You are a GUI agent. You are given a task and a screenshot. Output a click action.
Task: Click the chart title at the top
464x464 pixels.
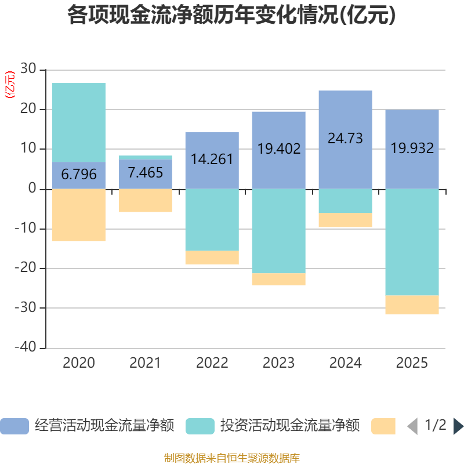coord(231,16)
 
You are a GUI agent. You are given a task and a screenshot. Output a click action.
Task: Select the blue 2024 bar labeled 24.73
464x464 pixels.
coord(345,139)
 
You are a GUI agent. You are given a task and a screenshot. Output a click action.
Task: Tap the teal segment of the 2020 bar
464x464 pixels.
coord(79,122)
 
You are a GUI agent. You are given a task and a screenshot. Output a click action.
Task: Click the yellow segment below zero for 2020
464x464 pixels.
coord(79,215)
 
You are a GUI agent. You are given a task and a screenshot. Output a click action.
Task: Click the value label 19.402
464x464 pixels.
coord(278,149)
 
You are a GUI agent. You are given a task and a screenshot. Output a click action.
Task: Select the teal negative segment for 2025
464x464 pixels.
coord(412,242)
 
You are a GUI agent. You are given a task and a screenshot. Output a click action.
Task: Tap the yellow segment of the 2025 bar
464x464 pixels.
coord(412,304)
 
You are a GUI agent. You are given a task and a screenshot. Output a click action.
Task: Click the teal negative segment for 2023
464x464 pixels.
coord(278,231)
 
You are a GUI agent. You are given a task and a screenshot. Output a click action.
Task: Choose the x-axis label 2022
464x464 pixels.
coord(212,363)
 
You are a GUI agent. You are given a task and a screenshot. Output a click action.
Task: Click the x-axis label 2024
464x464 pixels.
coord(345,363)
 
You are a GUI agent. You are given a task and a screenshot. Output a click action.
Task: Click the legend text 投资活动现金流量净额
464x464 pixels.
coord(289,426)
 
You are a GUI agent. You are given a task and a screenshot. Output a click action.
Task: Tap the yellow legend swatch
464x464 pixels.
coord(383,426)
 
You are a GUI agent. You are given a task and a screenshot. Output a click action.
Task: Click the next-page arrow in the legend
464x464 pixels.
coord(458,426)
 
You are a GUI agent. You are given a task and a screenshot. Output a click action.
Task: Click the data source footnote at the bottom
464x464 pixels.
coord(231,458)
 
